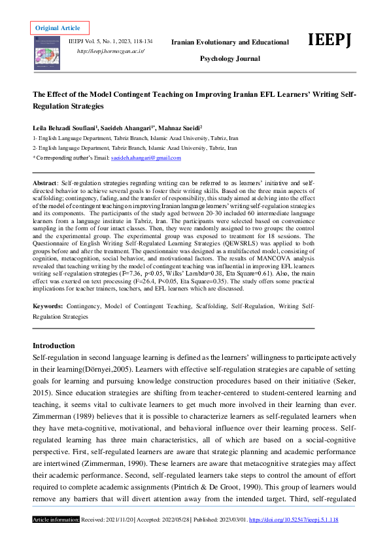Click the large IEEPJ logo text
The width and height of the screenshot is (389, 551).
pyautogui.click(x=330, y=41)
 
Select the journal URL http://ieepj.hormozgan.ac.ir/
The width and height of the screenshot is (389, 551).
pyautogui.click(x=110, y=50)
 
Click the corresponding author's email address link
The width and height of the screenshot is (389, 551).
pyautogui.click(x=146, y=158)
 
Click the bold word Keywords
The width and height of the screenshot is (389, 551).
pyautogui.click(x=48, y=306)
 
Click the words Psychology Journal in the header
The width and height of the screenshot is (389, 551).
pyautogui.click(x=229, y=59)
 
